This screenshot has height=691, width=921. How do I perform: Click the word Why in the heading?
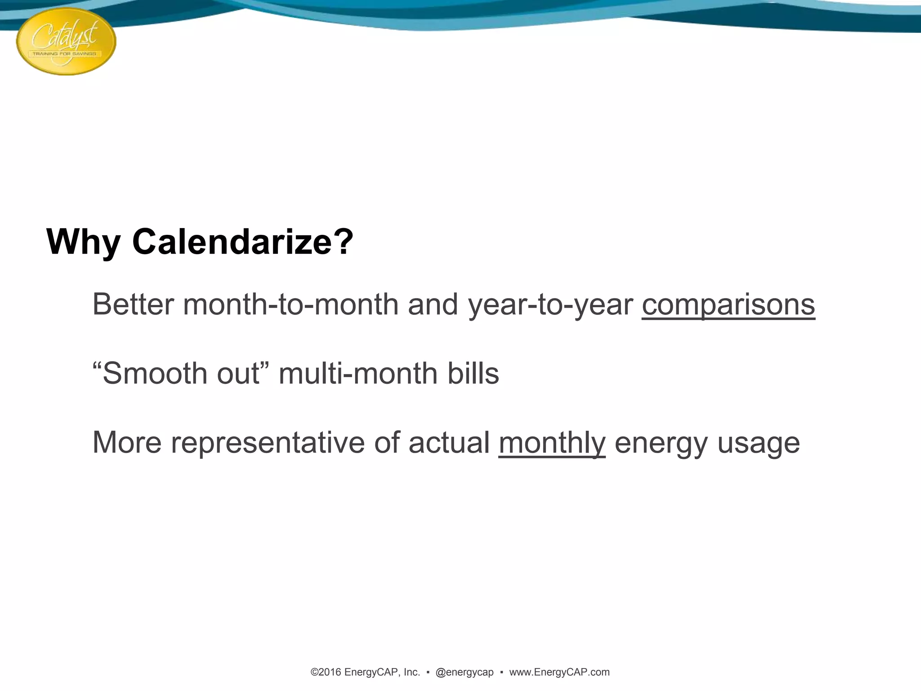(x=83, y=242)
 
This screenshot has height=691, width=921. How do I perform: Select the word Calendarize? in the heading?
(x=243, y=242)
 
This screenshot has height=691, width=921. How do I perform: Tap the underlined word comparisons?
(x=728, y=305)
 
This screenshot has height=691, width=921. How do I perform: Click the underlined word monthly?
(x=552, y=443)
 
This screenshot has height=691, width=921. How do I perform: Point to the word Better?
(x=133, y=305)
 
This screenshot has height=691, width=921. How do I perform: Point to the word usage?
(x=758, y=443)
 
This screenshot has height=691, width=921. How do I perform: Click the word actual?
(x=449, y=443)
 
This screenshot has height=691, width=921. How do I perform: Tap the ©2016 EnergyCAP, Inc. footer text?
(x=365, y=672)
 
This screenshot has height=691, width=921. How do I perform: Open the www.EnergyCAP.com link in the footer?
(x=559, y=672)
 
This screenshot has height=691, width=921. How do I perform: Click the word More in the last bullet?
(x=126, y=443)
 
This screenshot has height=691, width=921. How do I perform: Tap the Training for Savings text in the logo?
(x=64, y=54)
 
